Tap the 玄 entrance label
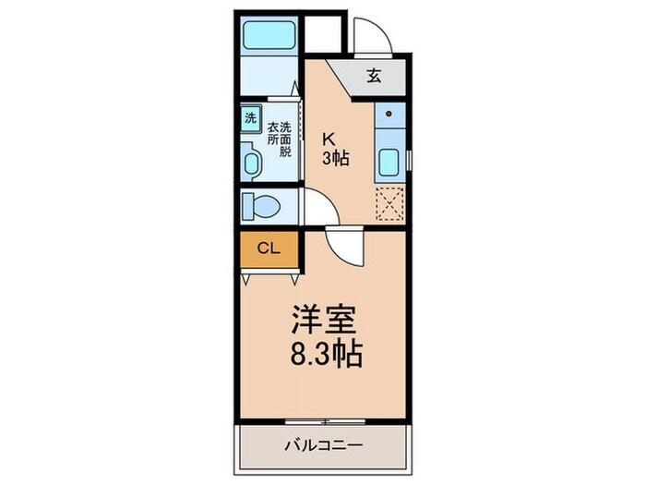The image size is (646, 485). pos(374,77)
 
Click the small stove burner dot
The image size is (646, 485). pos(389,115)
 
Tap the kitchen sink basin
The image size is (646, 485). pos(389,163)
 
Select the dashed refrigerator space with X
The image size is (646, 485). pos(389,204)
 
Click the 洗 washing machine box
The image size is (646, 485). pos(250,118)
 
